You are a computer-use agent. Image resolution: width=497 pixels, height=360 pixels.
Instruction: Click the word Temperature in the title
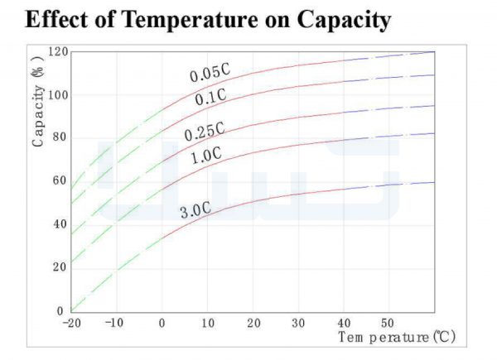[190, 19]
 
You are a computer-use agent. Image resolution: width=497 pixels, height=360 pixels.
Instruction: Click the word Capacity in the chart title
[344, 21]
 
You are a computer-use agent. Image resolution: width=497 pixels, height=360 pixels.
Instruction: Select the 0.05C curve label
[210, 73]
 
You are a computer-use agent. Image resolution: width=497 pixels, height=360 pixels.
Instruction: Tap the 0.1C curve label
[210, 97]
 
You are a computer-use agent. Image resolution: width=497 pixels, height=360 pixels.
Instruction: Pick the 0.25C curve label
[205, 131]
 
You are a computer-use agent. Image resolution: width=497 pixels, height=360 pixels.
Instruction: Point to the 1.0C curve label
[206, 156]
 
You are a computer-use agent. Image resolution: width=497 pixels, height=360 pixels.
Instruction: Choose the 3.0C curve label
[195, 210]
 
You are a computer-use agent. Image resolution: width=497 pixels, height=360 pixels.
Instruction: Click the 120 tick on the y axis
[58, 51]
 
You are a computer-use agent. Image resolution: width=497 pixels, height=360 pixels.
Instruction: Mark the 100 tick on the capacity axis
[58, 95]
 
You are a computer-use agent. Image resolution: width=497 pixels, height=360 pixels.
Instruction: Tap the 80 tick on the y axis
[60, 137]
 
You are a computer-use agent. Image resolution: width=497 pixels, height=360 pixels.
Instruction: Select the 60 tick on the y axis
[60, 180]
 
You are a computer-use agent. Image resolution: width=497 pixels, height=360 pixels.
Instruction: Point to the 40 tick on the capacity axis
[60, 224]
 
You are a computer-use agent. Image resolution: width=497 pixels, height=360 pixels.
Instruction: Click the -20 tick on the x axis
[72, 324]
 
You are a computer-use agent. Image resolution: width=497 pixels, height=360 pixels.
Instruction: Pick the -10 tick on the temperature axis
[114, 323]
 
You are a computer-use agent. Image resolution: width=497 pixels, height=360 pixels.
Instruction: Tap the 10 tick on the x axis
[208, 324]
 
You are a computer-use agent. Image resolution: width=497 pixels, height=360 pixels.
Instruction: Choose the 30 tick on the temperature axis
[298, 324]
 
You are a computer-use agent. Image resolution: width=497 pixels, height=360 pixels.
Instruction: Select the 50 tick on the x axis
[388, 323]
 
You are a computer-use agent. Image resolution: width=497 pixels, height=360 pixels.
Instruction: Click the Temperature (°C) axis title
[397, 337]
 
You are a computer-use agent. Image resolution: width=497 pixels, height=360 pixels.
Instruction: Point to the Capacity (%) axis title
[38, 101]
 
